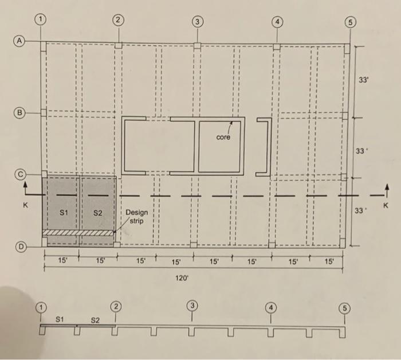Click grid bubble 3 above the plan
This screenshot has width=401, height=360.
coord(197,22)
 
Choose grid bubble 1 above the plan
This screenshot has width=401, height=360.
coord(40,19)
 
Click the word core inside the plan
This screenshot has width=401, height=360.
coord(224,138)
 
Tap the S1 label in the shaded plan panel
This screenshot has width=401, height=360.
coord(64,213)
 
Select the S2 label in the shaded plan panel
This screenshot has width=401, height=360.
coord(98,213)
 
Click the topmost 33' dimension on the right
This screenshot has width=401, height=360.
coord(363,80)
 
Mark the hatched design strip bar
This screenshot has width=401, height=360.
coord(78,233)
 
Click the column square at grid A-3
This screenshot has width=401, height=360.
coord(197,45)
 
